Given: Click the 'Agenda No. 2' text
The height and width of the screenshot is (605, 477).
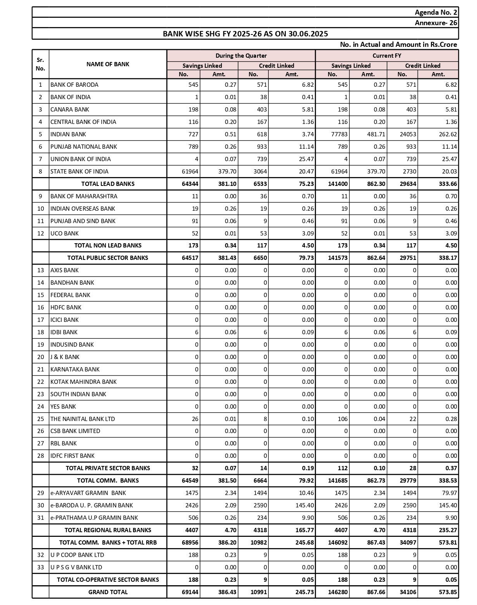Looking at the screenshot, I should pos(436,12).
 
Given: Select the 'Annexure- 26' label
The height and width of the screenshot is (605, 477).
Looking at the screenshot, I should pos(436,23).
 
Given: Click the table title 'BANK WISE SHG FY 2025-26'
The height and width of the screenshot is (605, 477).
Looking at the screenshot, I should pos(245,34).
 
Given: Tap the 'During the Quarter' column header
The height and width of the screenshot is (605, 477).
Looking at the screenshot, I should pos(241,56).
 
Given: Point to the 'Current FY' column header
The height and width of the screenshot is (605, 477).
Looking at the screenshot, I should pos(387,56).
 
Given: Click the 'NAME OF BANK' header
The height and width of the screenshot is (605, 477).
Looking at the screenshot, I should pos(108,64).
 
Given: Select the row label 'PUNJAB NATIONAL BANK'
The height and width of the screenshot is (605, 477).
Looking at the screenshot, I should pos(84,147).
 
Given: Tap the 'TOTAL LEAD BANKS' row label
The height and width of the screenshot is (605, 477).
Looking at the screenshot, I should pos(108,184).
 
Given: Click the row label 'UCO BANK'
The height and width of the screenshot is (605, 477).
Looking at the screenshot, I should pos(65,234).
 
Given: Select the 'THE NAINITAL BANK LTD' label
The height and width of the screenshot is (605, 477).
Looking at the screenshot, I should pos(83,419).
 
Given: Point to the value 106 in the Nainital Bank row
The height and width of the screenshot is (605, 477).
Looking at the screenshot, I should pos(342,419).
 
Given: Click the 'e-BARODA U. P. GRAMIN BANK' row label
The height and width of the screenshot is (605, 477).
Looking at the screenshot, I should pos(92,505).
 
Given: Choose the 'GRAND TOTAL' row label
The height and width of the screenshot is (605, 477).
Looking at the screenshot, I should pos(108,592).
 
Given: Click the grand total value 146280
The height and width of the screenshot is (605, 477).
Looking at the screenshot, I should pos(338,592).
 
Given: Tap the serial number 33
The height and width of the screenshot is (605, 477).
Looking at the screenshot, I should pos(41,567).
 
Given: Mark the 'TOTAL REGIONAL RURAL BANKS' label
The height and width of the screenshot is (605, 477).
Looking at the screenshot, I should pos(108,530).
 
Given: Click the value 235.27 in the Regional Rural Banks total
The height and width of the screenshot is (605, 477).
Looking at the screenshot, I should pos(448,530).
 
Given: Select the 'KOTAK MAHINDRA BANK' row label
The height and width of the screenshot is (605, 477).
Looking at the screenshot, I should pos(83,382).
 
